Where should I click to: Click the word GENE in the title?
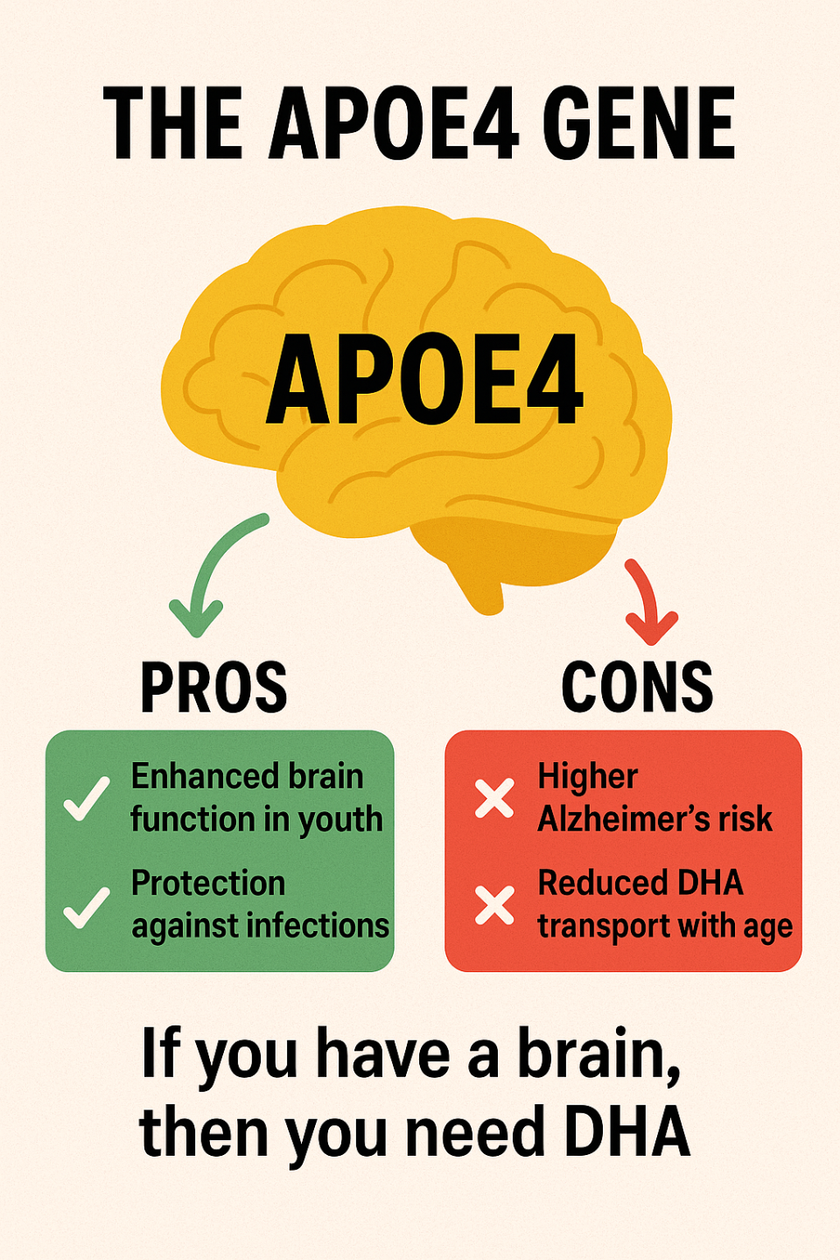639,124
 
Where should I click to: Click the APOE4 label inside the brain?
424,381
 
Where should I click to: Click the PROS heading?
214,688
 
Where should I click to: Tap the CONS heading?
637,688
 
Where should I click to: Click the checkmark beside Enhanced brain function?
87,799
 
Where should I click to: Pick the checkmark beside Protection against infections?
87,907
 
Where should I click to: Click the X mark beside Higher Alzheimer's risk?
494,799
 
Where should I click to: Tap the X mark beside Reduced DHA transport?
494,905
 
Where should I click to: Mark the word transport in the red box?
603,926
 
